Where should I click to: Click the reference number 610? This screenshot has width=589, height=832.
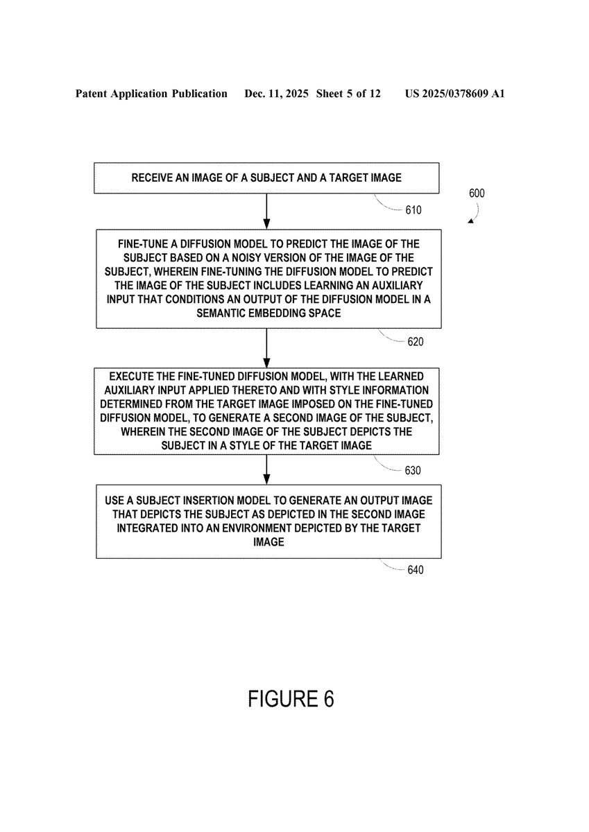click(x=412, y=210)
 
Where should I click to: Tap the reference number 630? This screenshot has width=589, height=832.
click(x=412, y=470)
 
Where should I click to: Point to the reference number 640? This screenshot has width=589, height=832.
click(x=415, y=570)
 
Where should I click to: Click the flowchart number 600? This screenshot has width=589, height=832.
click(x=477, y=193)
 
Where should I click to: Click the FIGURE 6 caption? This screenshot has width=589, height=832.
click(x=291, y=699)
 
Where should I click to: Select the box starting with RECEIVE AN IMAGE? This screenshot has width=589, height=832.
click(x=267, y=178)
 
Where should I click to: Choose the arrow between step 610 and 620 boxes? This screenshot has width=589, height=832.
click(x=267, y=211)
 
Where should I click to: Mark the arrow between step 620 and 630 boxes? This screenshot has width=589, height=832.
click(x=267, y=348)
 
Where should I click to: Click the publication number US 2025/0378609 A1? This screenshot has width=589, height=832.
click(x=454, y=94)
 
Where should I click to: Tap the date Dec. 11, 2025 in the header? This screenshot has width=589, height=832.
click(x=277, y=94)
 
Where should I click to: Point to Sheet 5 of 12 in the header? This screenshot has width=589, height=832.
click(x=348, y=94)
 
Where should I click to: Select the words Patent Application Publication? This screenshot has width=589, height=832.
click(x=151, y=94)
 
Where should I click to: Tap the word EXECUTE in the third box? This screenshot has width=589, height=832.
click(x=132, y=378)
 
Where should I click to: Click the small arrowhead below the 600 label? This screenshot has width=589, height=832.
click(x=471, y=220)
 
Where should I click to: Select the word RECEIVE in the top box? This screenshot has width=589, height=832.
click(x=152, y=178)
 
